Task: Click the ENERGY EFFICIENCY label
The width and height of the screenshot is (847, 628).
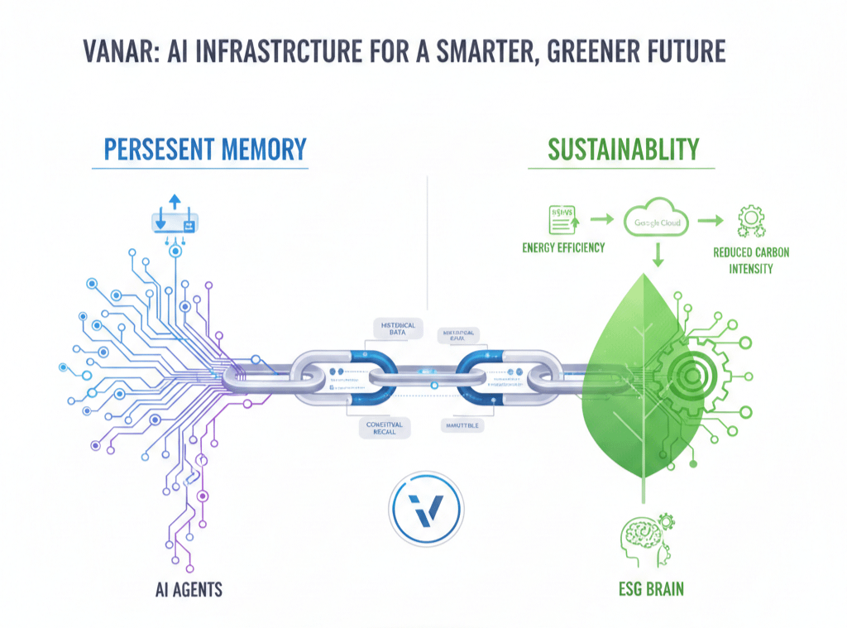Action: pos(563,247)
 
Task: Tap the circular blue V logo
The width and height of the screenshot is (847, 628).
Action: pos(426,510)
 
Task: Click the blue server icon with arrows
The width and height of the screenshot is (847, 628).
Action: pos(174,222)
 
